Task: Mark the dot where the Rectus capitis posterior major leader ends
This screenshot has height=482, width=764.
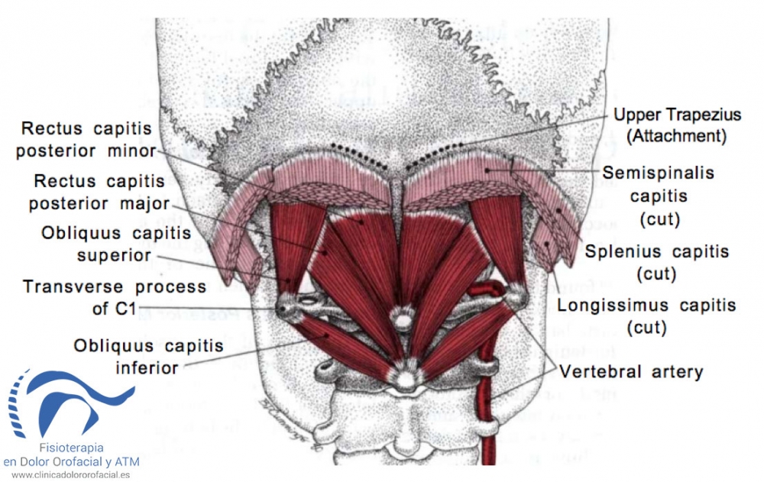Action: [324, 252]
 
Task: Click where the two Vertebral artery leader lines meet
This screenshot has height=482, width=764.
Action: [556, 370]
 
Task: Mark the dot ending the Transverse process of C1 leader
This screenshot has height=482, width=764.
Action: [282, 308]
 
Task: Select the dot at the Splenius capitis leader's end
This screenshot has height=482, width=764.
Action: [558, 211]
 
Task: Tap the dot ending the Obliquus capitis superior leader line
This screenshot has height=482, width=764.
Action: [289, 280]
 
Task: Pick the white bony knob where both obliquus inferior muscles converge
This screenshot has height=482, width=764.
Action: [404, 378]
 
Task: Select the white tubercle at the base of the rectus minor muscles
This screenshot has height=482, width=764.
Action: [403, 319]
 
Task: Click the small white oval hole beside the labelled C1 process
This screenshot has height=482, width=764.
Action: [307, 301]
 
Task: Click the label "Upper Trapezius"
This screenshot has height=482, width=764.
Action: [677, 115]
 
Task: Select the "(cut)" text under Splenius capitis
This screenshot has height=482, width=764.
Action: [656, 273]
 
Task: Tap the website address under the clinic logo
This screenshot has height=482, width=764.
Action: [71, 474]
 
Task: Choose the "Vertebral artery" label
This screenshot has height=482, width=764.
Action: [631, 372]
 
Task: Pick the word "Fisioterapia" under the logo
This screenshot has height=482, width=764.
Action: [71, 448]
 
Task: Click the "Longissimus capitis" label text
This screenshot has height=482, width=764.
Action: [646, 306]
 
